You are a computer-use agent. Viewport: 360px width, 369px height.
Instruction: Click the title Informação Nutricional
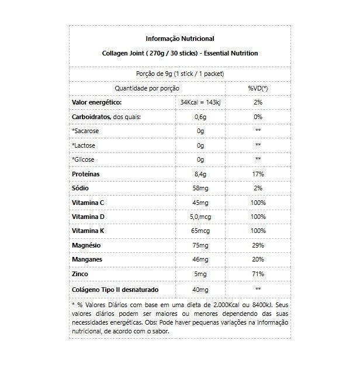(179, 39)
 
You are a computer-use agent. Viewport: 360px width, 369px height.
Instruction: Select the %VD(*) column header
(258, 88)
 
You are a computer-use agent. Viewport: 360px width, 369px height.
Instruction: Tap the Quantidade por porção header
(147, 88)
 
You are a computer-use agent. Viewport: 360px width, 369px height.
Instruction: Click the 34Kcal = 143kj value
(200, 102)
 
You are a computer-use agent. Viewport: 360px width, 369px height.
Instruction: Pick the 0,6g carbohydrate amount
(200, 117)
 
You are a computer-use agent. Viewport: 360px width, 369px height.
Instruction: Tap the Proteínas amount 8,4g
(200, 174)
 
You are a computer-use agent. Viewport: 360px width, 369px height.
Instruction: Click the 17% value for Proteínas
(258, 174)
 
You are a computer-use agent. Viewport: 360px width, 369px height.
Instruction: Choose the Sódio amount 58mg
(200, 189)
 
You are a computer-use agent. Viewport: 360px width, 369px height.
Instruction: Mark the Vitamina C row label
(88, 203)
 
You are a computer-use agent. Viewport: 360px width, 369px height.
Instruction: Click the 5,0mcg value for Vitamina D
(200, 217)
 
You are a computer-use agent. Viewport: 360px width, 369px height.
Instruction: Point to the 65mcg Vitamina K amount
(200, 231)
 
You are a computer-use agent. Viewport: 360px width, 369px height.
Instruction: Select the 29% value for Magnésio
(258, 246)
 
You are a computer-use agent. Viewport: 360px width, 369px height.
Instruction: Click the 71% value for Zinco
(258, 274)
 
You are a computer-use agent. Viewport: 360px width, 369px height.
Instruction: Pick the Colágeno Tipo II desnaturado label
(115, 289)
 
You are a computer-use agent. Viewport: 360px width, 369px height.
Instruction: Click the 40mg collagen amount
(200, 289)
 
